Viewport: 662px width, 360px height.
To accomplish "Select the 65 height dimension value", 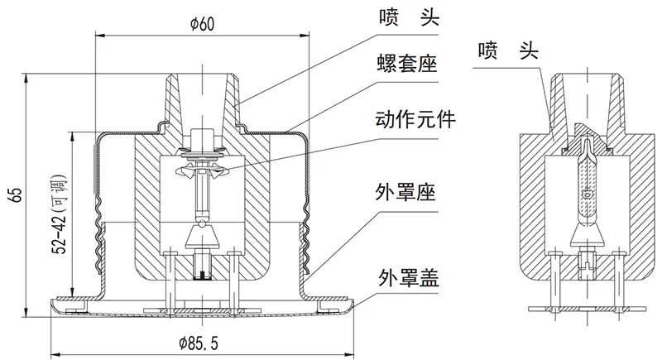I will pyautogui.click(x=16, y=195).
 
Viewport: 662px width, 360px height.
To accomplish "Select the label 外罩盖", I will pyautogui.click(x=405, y=275).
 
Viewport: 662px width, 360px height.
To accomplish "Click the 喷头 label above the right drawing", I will pyautogui.click(x=508, y=52).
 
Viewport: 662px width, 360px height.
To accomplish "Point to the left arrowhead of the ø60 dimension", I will pyautogui.click(x=100, y=35).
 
